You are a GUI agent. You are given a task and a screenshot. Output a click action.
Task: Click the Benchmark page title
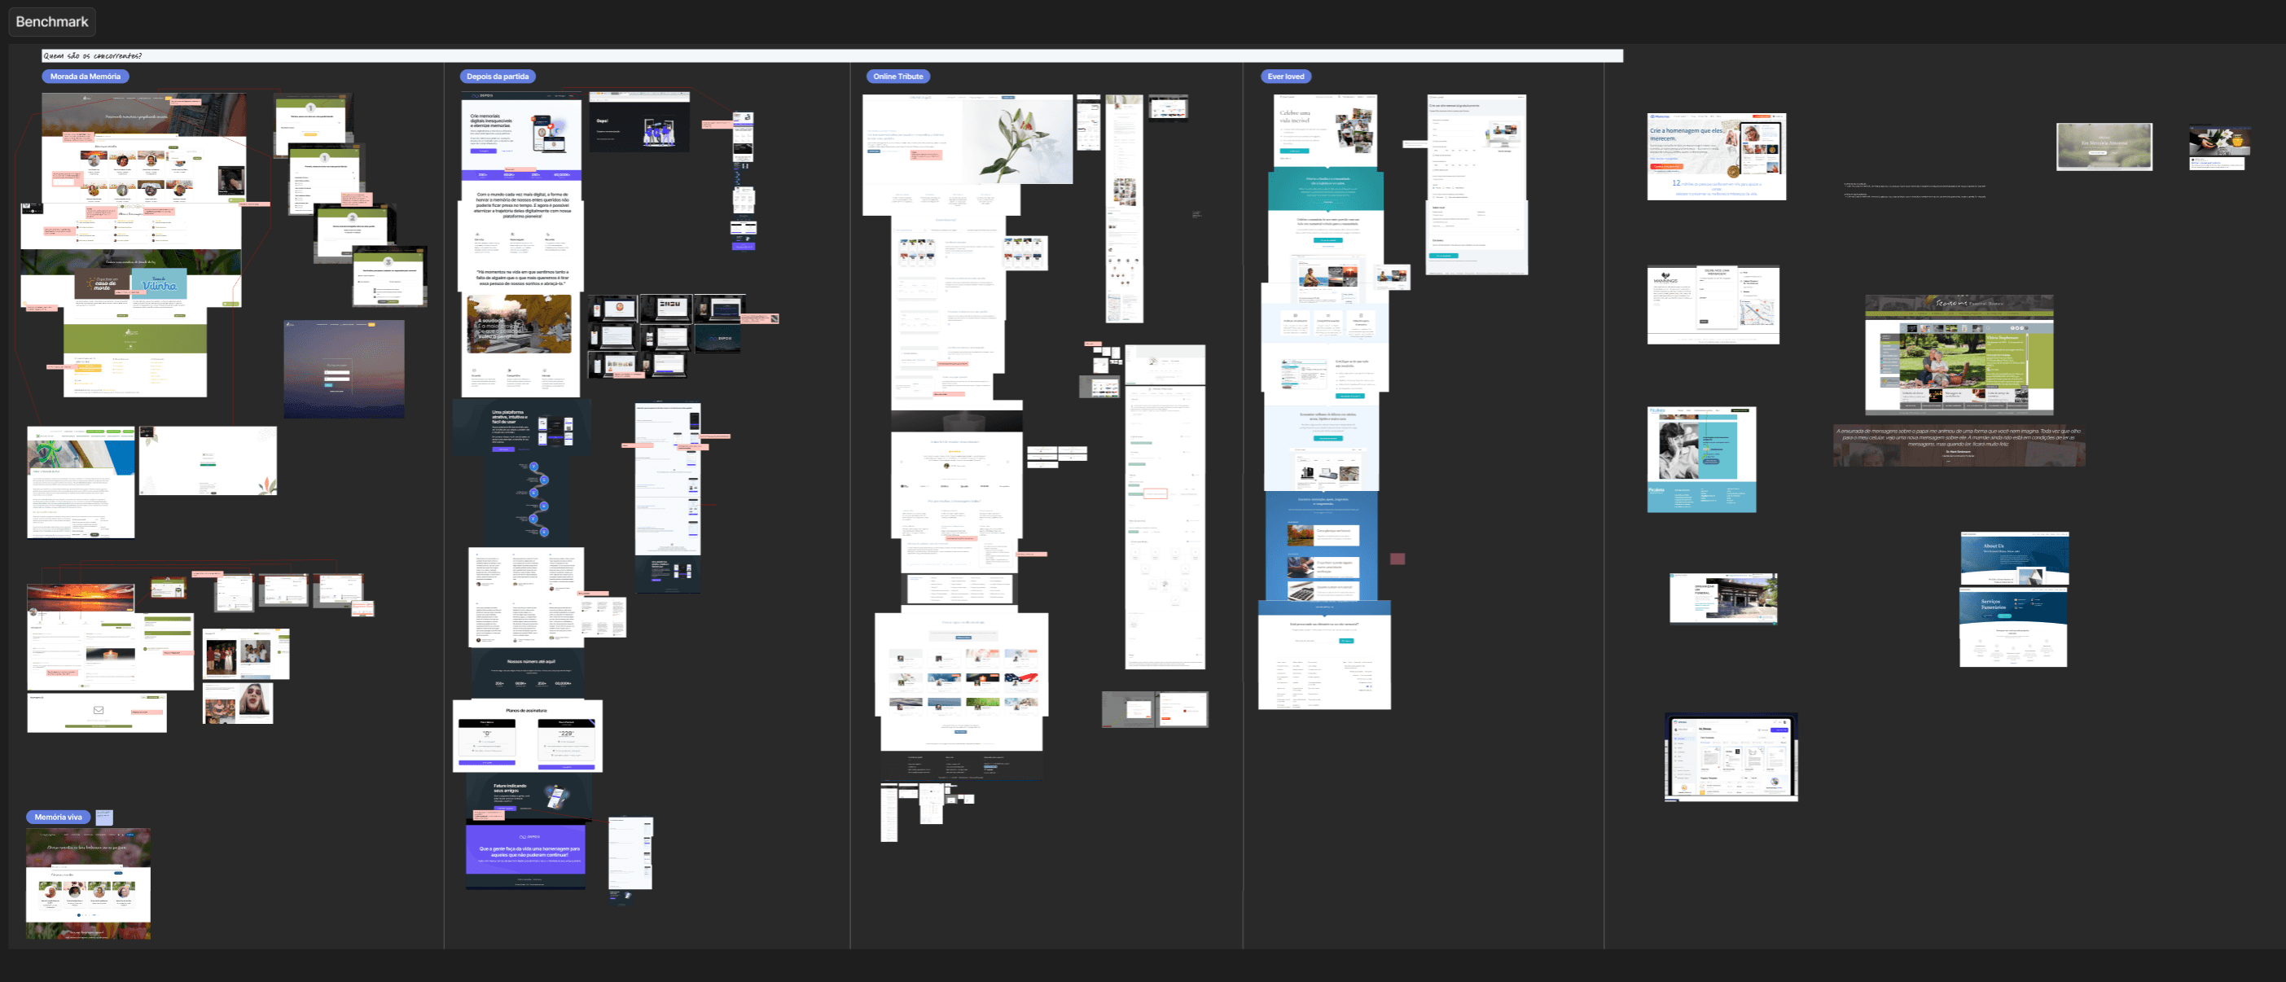click(x=51, y=21)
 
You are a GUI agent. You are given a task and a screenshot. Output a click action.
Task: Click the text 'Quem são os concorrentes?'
click(x=92, y=56)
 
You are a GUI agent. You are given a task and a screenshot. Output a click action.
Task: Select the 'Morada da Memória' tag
click(x=86, y=77)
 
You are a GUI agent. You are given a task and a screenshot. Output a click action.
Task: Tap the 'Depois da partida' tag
click(x=497, y=77)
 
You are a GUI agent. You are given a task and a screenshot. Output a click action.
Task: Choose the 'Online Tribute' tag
click(x=898, y=77)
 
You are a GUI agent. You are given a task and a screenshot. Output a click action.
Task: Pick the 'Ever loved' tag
click(x=1285, y=77)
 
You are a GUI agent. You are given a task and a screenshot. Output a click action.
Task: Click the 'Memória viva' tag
click(x=59, y=817)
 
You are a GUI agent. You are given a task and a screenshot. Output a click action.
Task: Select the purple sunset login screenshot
click(x=344, y=368)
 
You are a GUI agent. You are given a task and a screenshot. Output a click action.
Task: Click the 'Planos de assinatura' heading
click(x=526, y=711)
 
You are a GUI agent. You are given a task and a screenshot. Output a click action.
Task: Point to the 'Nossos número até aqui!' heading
click(x=531, y=662)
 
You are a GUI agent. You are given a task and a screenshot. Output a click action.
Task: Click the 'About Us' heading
click(x=1993, y=546)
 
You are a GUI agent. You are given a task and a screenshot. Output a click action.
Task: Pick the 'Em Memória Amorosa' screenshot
click(x=2104, y=146)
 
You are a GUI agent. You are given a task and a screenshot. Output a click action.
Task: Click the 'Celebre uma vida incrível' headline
click(x=1295, y=116)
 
